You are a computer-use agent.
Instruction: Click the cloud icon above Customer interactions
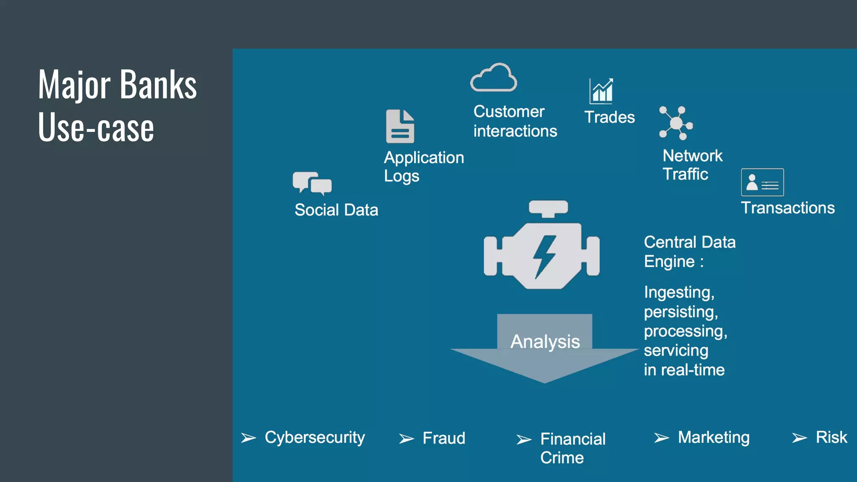[493, 78]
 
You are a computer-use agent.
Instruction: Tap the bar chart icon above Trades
[601, 91]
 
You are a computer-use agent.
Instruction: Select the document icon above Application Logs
[400, 126]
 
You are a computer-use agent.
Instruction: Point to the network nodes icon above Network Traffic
[676, 123]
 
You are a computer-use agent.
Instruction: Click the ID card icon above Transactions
[762, 182]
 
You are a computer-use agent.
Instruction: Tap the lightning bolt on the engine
[544, 256]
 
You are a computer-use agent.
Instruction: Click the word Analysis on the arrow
[545, 341]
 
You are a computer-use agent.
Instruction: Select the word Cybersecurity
[315, 438]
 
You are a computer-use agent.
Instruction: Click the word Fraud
[444, 438]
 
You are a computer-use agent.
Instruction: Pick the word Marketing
[713, 438]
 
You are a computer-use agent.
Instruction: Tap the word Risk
[831, 437]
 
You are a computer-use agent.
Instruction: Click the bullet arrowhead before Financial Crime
[523, 439]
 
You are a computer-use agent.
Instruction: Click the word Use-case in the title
[96, 128]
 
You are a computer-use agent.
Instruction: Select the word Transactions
[788, 208]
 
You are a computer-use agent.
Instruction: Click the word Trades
[609, 117]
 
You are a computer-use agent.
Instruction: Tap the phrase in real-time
[684, 370]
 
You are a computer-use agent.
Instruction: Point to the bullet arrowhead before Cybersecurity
[248, 438]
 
